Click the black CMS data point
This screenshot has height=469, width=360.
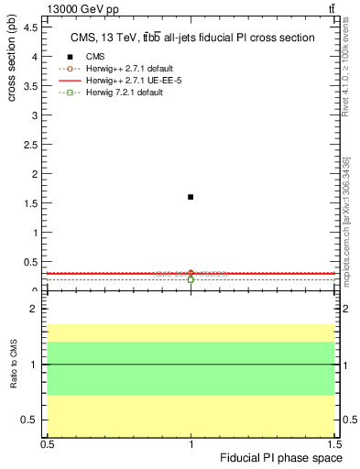tap(191, 197)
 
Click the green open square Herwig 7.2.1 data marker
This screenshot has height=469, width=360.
tap(191, 279)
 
